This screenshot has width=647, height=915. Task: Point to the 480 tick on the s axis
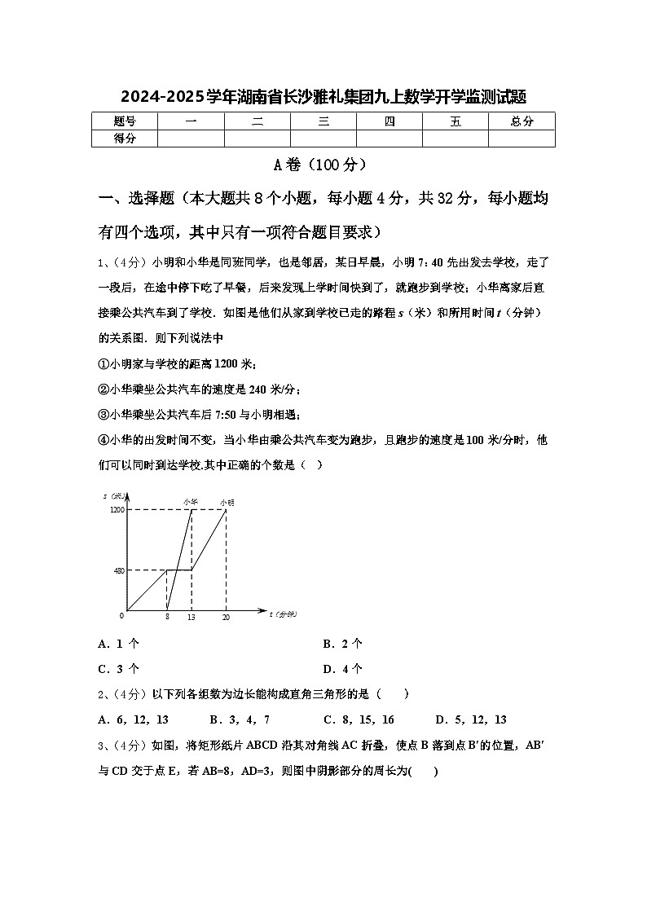pos(120,570)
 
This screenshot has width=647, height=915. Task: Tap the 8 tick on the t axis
pos(166,618)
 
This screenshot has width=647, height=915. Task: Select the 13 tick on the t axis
pos(191,618)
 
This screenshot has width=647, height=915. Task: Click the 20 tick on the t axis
pos(226,618)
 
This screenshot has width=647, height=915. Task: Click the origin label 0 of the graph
pos(122,614)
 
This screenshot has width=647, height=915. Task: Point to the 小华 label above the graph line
pos(191,502)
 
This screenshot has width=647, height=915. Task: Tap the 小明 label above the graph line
pos(227,502)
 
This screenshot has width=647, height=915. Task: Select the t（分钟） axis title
pos(284,614)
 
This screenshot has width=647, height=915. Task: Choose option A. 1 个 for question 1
pos(118,644)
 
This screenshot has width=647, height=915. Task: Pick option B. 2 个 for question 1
pos(342,644)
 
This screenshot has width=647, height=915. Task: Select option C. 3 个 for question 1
pos(118,669)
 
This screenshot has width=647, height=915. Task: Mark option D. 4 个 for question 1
pos(342,669)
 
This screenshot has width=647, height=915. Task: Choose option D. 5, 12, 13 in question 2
pos(471,719)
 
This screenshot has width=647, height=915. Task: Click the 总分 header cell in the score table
pos(522,121)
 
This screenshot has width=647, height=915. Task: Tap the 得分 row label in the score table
pos(125,139)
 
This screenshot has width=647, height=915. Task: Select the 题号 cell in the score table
pos(125,121)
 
